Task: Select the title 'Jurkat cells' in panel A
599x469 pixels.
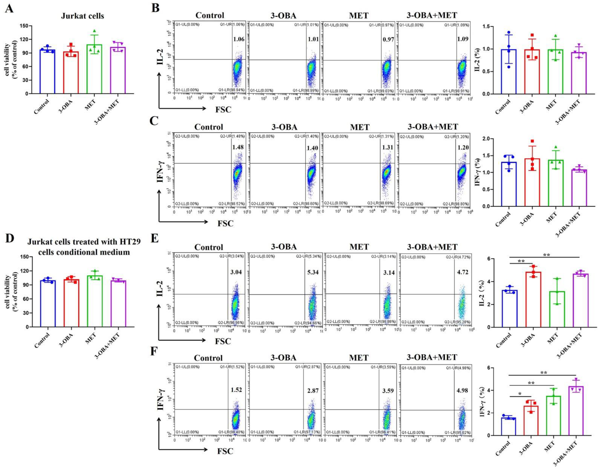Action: [82, 16]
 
